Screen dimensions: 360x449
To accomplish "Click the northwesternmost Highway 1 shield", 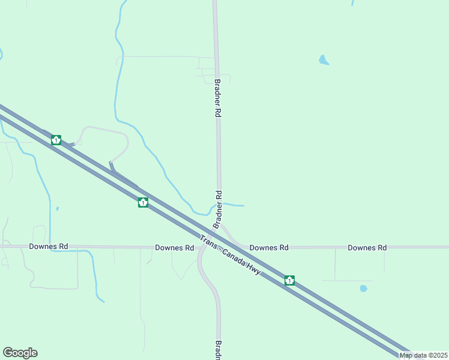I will coord(56,140).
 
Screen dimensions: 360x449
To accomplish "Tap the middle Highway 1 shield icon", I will coord(143,202).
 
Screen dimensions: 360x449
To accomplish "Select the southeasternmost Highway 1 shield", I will coord(289,280).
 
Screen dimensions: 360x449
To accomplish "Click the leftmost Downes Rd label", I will coord(49,247).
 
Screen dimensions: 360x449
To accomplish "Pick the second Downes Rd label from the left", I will coord(174,248).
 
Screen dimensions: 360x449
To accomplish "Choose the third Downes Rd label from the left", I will coord(269,247).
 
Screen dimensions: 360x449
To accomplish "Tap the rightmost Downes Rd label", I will coord(367,247).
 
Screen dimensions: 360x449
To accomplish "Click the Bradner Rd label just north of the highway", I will coord(218,209).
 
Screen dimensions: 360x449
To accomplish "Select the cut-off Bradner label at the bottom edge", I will coord(218,350).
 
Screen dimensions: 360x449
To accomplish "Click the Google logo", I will coord(20,353).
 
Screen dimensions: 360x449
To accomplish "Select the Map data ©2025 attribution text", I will coord(423,355).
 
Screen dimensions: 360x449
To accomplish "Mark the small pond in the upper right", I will coord(324,60).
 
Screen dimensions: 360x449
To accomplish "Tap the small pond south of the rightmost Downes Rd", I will coord(363,289).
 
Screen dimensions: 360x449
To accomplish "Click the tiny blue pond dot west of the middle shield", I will coord(57,209).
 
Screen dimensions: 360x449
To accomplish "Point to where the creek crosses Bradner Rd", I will coord(220,204).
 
